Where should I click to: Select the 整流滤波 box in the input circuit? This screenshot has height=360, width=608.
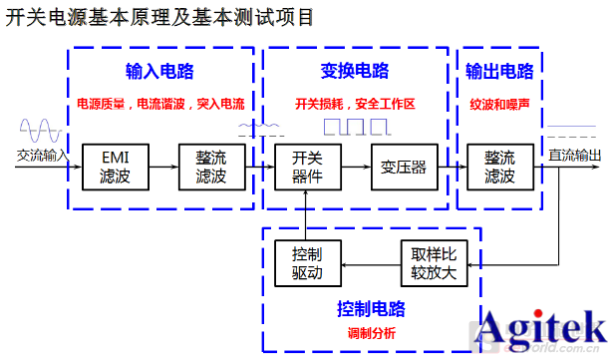pyautogui.click(x=211, y=167)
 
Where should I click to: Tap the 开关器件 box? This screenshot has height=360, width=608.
pyautogui.click(x=307, y=167)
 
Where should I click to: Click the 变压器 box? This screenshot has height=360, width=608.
pyautogui.click(x=403, y=167)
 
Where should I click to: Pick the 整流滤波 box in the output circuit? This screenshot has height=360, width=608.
pyautogui.click(x=499, y=167)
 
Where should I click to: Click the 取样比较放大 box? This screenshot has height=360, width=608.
pyautogui.click(x=433, y=262)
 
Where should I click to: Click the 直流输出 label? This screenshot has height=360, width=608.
pyautogui.click(x=575, y=155)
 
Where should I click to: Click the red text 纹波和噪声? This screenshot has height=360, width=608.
pyautogui.click(x=499, y=104)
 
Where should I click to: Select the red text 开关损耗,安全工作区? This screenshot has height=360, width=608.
pyautogui.click(x=355, y=104)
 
